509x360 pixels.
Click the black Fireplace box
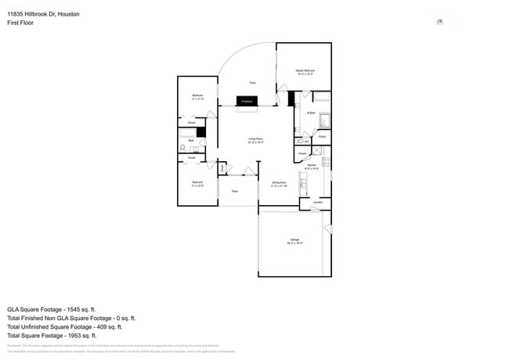click(x=247, y=102)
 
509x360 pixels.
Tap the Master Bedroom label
click(x=305, y=72)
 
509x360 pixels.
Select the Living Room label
click(x=255, y=140)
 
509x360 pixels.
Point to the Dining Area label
click(x=279, y=184)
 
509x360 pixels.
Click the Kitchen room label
click(x=311, y=166)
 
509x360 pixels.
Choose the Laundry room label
click(x=317, y=203)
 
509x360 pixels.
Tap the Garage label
click(x=294, y=240)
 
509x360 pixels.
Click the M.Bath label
click(x=311, y=113)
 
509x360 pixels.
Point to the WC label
click(x=306, y=142)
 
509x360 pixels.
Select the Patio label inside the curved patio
click(x=252, y=82)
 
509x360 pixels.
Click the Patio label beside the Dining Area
click(x=234, y=191)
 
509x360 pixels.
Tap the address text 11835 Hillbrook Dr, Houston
click(x=43, y=14)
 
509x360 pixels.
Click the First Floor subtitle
click(x=20, y=23)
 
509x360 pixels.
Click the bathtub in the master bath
click(x=322, y=97)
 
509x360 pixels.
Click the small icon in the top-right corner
click(x=439, y=22)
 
